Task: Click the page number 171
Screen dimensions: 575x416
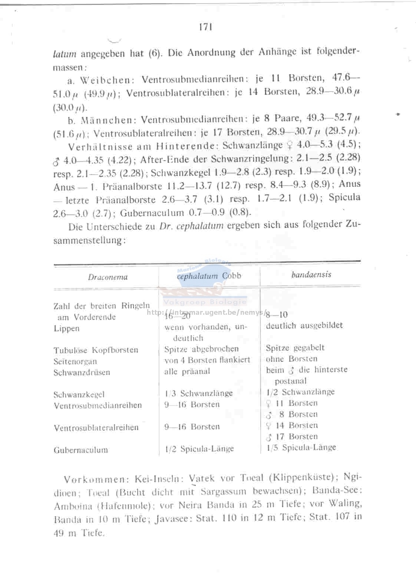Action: point(205,27)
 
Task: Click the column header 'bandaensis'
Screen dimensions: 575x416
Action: point(311,274)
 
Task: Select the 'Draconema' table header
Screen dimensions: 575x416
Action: point(108,277)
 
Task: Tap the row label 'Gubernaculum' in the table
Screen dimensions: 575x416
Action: point(81,450)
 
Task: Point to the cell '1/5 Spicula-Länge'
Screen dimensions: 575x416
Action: point(301,447)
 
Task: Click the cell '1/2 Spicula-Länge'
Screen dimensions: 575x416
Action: point(199,449)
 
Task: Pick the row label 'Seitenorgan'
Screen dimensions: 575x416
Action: point(75,361)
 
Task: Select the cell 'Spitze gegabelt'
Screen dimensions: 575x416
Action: point(295,348)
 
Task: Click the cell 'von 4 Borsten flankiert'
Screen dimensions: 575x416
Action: point(207,360)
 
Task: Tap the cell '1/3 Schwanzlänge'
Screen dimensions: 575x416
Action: point(198,393)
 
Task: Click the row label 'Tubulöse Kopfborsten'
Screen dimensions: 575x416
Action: point(96,350)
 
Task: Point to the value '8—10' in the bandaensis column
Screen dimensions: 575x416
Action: point(277,315)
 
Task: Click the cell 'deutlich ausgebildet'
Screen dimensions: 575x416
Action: point(304,325)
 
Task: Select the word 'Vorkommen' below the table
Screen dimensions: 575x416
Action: point(94,479)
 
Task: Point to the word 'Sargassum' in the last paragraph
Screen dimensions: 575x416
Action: point(224,492)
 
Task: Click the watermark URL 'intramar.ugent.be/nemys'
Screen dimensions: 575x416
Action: point(207,312)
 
